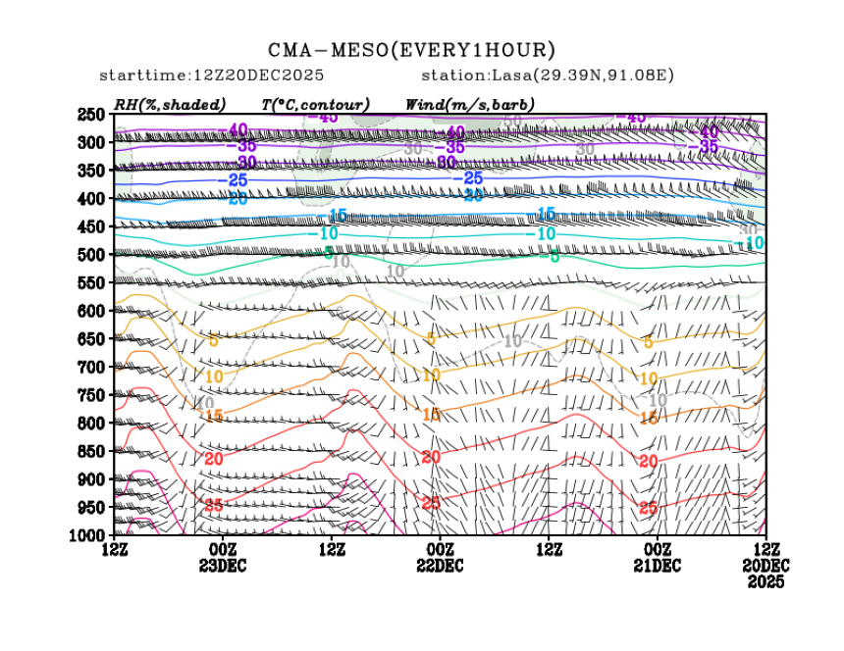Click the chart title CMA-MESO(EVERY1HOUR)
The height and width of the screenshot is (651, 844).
[412, 50]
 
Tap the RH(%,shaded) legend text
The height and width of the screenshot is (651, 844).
[170, 104]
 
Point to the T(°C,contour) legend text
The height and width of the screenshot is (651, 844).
[315, 104]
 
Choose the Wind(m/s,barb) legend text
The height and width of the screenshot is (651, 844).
[470, 104]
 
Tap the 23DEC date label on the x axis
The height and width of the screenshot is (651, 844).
[223, 566]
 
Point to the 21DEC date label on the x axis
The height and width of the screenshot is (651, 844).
[657, 566]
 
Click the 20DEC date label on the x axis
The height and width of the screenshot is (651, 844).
[765, 566]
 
